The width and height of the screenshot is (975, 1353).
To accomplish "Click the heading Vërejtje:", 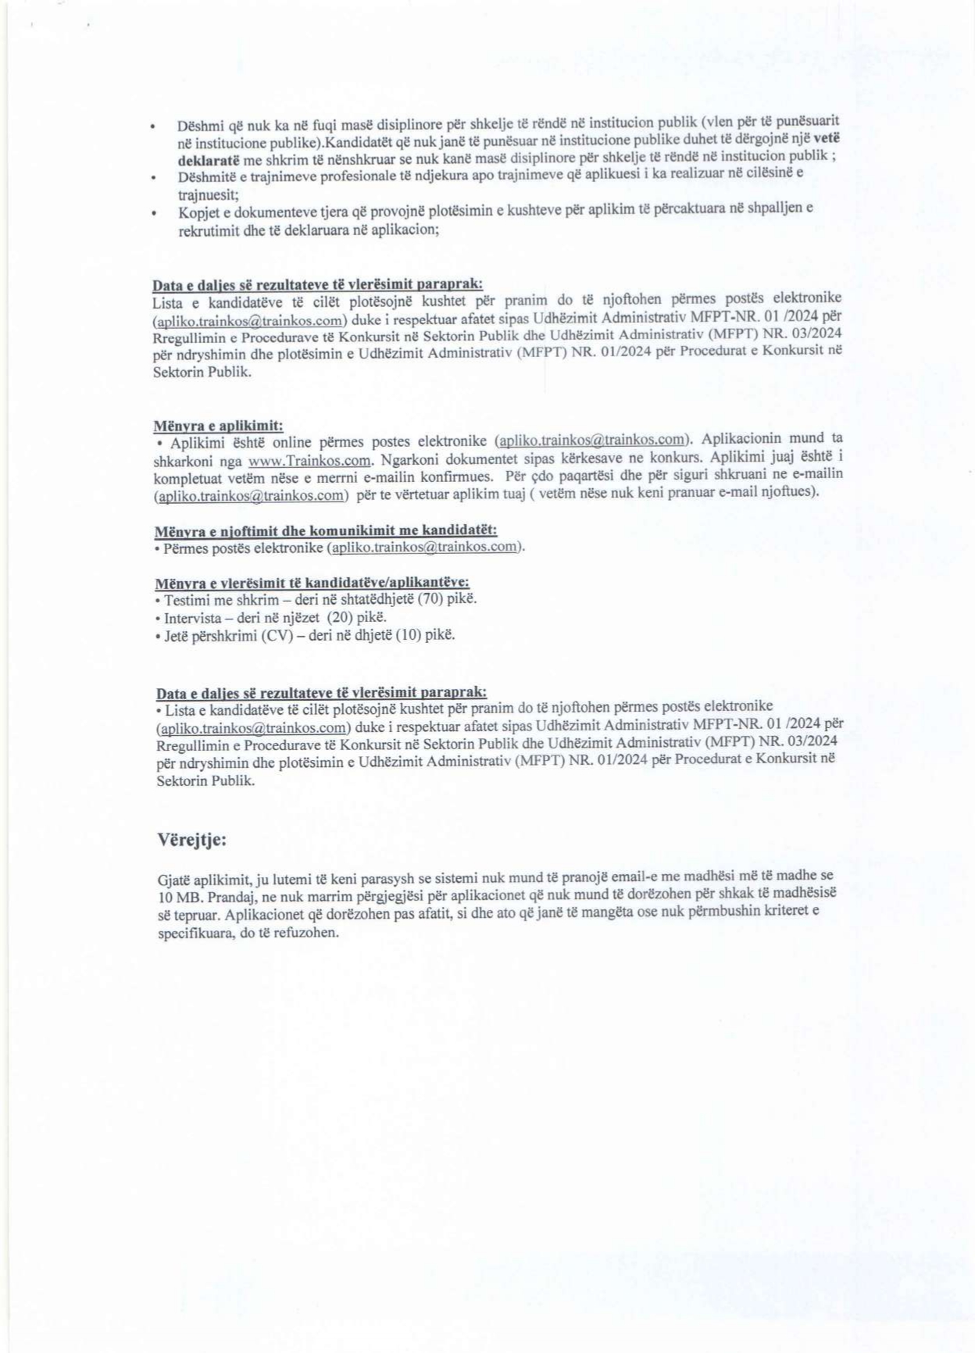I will (191, 841).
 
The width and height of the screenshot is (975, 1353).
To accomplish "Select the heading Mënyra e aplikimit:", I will (218, 425).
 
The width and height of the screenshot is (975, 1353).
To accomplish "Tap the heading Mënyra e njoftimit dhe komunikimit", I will (326, 531).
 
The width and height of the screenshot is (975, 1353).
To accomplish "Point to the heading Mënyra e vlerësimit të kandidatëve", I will (312, 583).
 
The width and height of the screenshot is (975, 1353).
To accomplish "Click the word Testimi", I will (187, 599).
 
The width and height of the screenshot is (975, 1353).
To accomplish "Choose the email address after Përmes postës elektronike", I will (425, 547).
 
